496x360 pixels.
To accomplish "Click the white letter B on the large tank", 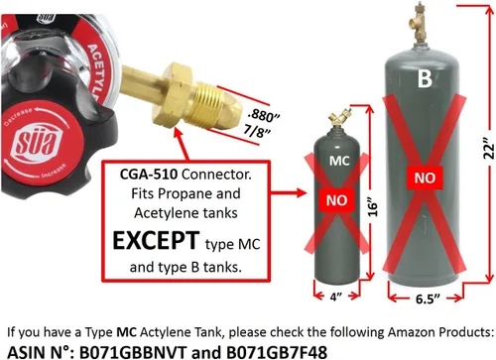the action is click(x=425, y=78).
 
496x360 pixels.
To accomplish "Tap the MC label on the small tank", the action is click(x=339, y=161).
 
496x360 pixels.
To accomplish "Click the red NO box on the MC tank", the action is click(x=336, y=200).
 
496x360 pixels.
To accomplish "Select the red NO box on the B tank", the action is click(x=425, y=178).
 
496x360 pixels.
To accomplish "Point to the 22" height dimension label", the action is click(x=488, y=152).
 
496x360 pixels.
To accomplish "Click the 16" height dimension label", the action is click(x=372, y=207).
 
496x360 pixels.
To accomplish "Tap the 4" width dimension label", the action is click(x=335, y=297).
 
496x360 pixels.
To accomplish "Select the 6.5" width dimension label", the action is click(x=428, y=299).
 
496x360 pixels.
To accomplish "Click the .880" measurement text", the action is click(x=264, y=116).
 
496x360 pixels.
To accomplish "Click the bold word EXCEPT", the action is click(x=156, y=240).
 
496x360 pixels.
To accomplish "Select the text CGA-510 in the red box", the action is click(x=149, y=175).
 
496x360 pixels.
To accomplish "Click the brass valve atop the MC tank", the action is click(x=339, y=118).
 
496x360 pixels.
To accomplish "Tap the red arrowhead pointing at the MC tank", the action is click(x=302, y=192).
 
